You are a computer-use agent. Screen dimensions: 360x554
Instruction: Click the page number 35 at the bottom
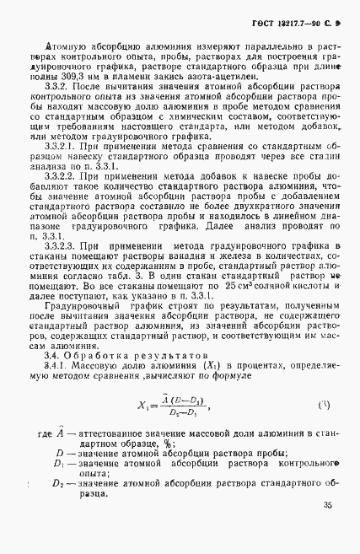[326, 530]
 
